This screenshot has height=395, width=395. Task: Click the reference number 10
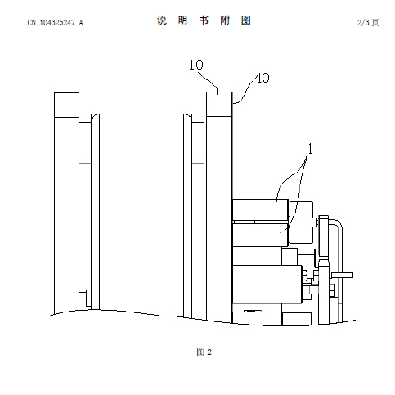click(x=196, y=65)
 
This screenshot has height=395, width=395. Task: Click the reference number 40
click(x=262, y=78)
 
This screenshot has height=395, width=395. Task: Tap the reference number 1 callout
click(x=310, y=149)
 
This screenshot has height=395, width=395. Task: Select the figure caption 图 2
click(x=204, y=352)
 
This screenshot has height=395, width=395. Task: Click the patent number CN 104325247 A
click(x=56, y=23)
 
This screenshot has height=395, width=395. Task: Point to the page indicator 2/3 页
click(x=368, y=22)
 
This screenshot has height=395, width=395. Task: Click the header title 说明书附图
click(x=204, y=20)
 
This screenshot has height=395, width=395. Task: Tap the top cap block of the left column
click(x=67, y=105)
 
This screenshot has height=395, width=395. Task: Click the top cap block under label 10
click(x=219, y=105)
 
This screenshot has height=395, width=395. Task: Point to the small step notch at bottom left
click(x=85, y=299)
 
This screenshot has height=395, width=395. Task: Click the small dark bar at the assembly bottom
click(x=253, y=311)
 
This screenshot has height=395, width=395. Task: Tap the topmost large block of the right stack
click(x=260, y=209)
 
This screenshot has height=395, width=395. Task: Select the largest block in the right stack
click(x=267, y=285)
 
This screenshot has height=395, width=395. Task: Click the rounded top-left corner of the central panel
click(x=94, y=117)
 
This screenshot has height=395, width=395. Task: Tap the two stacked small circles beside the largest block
click(x=305, y=276)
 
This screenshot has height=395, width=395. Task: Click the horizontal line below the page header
click(x=204, y=29)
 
